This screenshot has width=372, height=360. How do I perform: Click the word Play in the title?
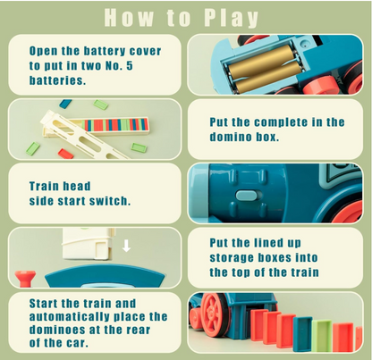(x=229, y=17)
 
